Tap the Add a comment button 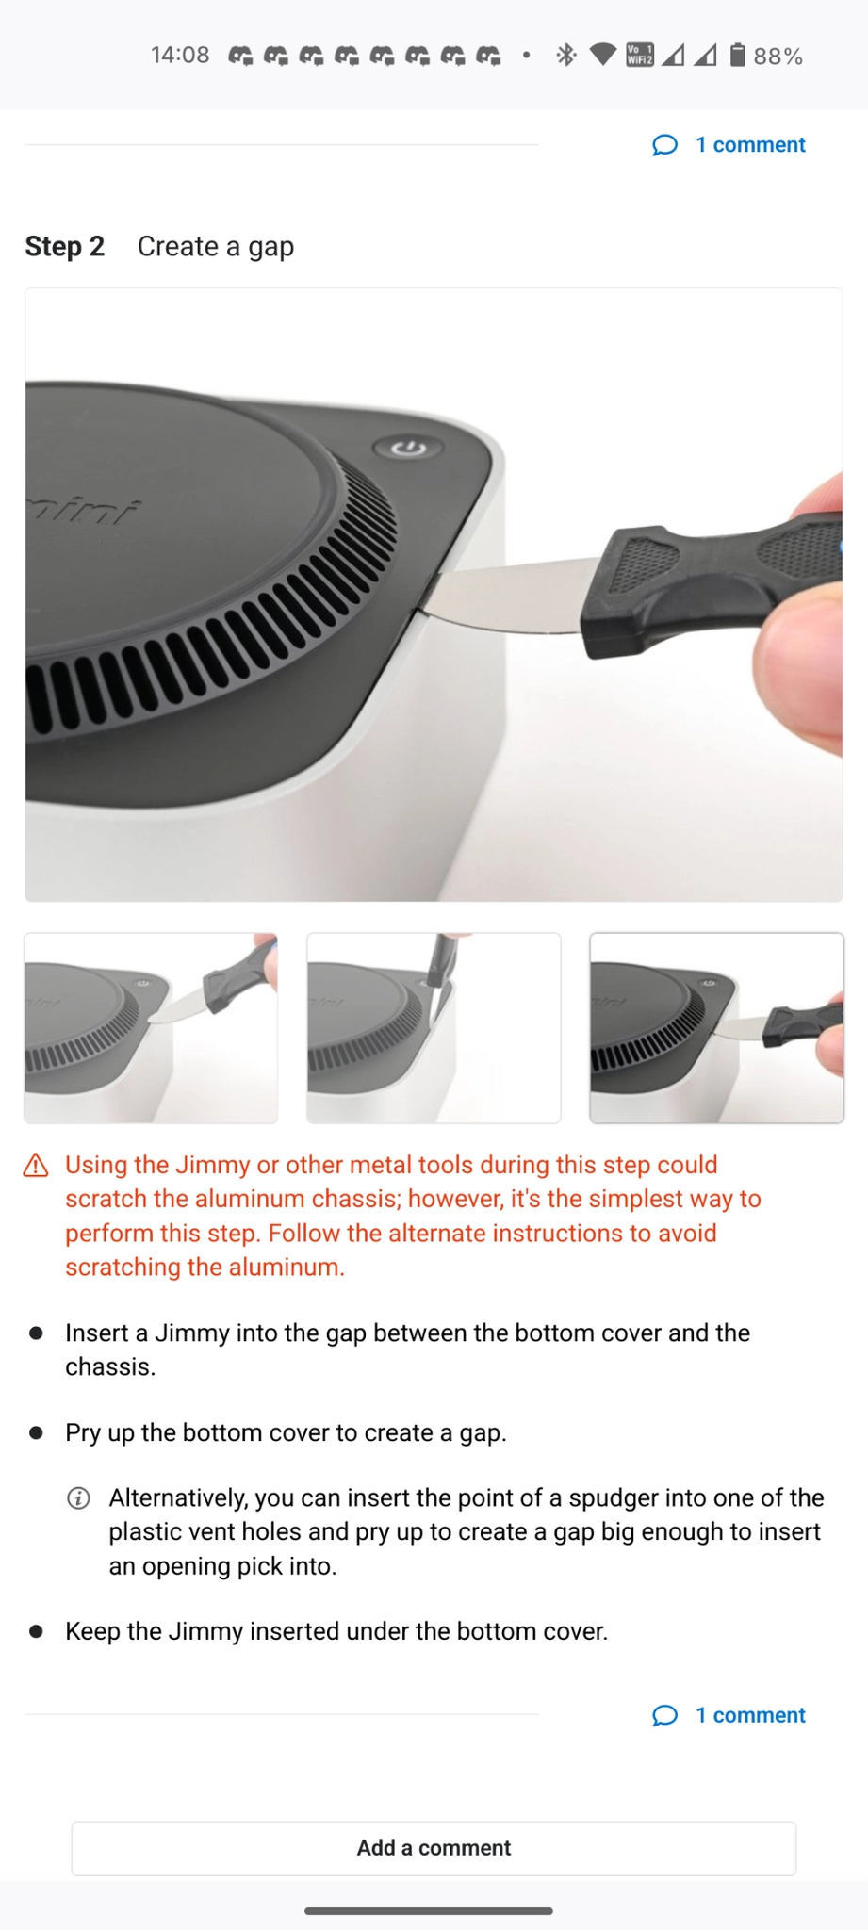434,1847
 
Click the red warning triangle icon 36,1166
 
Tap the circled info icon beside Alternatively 79,1498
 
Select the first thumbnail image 151,1028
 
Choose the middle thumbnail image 434,1028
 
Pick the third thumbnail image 716,1028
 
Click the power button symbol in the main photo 408,448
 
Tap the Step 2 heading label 64,246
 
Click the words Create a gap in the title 216,247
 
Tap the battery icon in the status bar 738,56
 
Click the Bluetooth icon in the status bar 565,56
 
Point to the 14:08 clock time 180,56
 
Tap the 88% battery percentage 778,57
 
